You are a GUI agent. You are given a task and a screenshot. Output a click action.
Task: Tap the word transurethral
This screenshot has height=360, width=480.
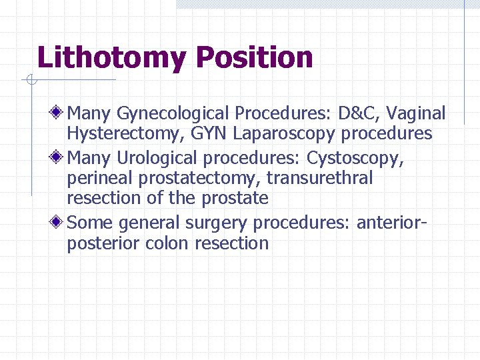pyautogui.click(x=327, y=178)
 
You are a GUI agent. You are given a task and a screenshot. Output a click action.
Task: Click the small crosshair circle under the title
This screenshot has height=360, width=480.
pyautogui.click(x=30, y=81)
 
